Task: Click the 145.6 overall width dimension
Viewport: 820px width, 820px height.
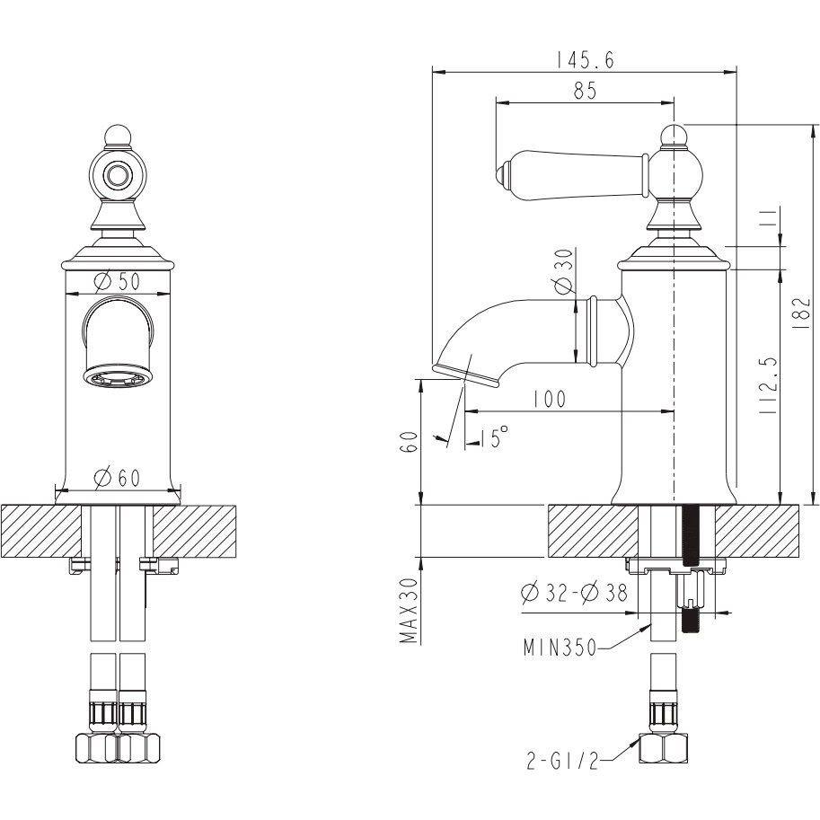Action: tap(585, 61)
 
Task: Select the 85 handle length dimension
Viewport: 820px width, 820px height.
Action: tap(585, 91)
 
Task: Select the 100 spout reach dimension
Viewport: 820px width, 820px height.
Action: tap(549, 399)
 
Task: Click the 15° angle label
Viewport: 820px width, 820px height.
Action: tap(491, 436)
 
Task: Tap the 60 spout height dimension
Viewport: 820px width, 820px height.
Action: tap(412, 441)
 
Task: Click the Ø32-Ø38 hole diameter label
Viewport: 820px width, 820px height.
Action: tap(574, 593)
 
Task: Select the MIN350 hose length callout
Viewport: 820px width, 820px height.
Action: tap(560, 648)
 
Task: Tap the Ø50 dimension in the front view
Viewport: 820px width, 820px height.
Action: tap(118, 281)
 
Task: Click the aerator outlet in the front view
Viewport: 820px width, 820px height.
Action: tap(117, 378)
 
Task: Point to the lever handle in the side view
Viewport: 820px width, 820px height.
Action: tap(575, 175)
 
